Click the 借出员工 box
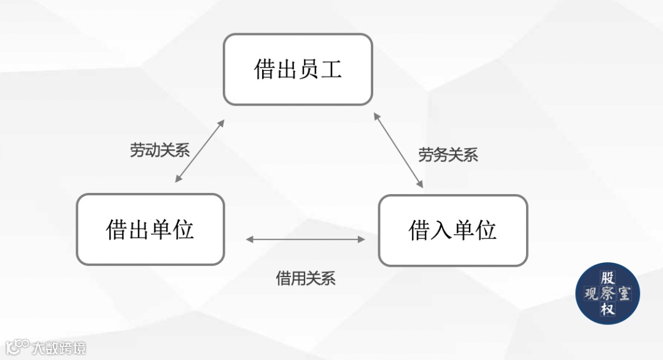(x=298, y=69)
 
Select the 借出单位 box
(x=150, y=230)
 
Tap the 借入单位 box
(x=452, y=230)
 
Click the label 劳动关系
(x=160, y=151)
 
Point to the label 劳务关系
(x=448, y=155)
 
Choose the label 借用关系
(x=306, y=278)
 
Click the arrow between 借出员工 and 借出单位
(x=200, y=151)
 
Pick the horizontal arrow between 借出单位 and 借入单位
(x=306, y=239)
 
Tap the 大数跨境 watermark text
(x=60, y=348)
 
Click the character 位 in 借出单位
(x=184, y=230)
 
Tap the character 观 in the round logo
(x=591, y=294)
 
